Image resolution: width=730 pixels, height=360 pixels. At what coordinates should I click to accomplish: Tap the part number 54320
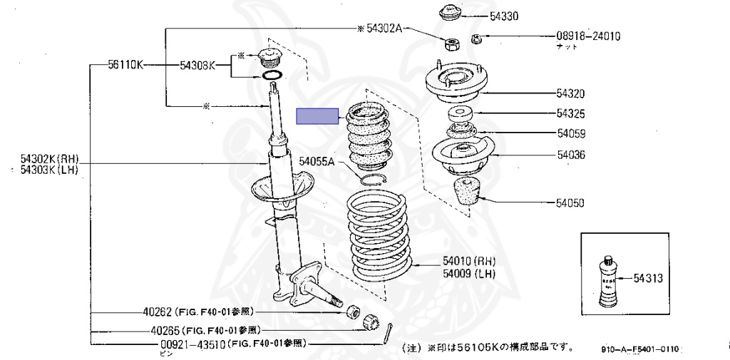[x=570, y=93]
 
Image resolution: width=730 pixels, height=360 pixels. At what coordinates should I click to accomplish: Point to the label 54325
[x=570, y=113]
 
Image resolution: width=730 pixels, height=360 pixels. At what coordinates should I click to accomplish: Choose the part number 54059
[x=570, y=133]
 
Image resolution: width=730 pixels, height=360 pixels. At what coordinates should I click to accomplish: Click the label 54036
[x=570, y=154]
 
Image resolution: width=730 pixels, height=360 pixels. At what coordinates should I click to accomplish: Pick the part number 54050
[x=570, y=203]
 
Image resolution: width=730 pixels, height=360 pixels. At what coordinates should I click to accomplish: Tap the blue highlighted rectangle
[x=318, y=116]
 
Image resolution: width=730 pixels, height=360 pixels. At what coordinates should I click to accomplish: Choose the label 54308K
[x=197, y=65]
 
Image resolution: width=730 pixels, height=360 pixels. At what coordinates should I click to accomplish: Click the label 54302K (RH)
[x=49, y=158]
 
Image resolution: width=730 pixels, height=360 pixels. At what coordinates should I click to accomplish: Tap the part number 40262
[x=158, y=312]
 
